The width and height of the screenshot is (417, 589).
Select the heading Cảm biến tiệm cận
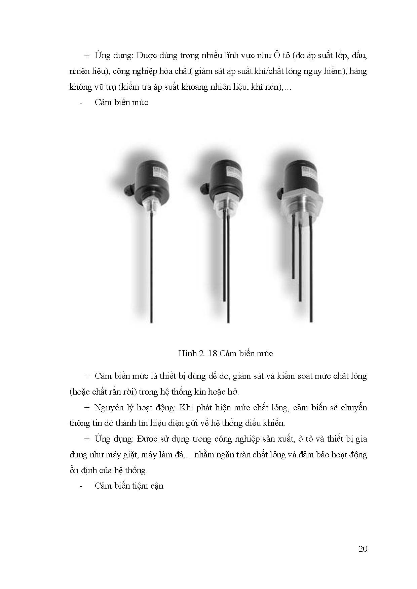tap(129, 486)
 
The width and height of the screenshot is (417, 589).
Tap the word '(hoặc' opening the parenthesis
tap(79, 392)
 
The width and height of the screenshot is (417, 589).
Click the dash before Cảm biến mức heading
tap(81, 103)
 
